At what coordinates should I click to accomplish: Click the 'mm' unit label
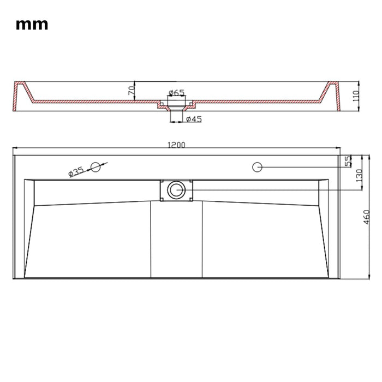[32, 25]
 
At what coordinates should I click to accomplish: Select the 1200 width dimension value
[176, 145]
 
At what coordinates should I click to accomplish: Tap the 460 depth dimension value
[367, 217]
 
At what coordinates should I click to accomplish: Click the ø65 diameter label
[176, 92]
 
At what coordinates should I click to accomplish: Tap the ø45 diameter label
[193, 119]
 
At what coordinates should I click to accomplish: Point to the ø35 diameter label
[76, 171]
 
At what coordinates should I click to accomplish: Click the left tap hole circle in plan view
[95, 167]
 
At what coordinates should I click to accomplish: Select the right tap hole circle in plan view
[257, 166]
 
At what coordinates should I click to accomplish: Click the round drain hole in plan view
[176, 190]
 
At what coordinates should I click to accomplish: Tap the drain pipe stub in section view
[176, 114]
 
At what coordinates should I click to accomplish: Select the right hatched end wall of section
[333, 96]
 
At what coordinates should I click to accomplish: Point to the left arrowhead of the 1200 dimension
[16, 148]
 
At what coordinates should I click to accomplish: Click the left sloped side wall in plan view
[29, 229]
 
